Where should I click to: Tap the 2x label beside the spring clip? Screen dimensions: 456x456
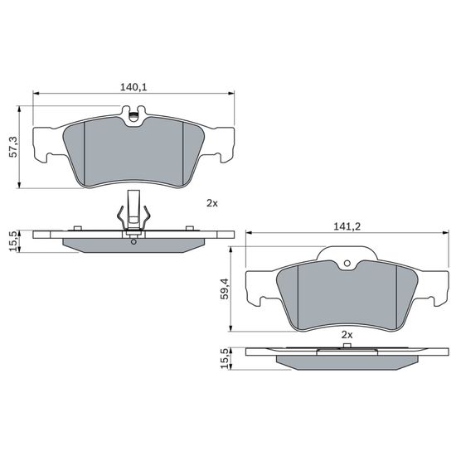click(211, 202)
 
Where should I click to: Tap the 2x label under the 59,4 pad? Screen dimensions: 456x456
click(347, 333)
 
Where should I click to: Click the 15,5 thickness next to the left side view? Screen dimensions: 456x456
click(13, 242)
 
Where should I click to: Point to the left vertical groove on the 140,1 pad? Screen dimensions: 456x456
click(86, 149)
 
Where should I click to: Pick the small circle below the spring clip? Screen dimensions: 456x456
click(134, 241)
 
